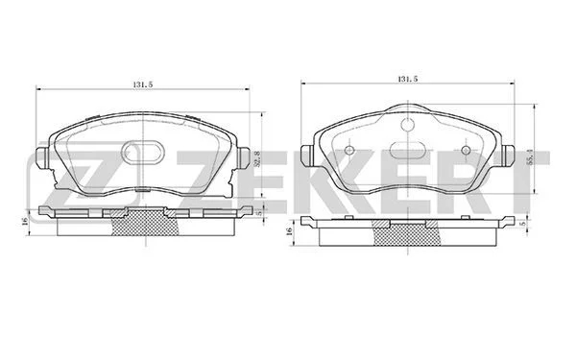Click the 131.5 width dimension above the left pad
[x=142, y=84]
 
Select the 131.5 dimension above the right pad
[x=408, y=79]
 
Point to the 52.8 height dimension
[x=257, y=159]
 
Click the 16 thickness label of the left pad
[x=25, y=222]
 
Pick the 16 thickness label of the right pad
[x=289, y=230]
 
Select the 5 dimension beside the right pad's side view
[x=524, y=224]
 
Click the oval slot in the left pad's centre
[x=143, y=153]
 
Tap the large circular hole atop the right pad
[x=408, y=125]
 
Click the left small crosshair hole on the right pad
[x=349, y=150]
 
